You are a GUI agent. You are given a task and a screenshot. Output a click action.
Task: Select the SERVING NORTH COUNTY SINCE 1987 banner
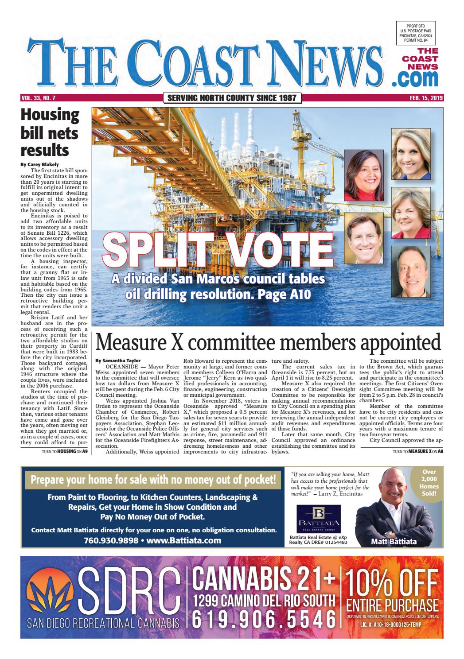click(x=232, y=98)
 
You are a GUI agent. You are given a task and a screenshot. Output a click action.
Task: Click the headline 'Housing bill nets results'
click(x=50, y=132)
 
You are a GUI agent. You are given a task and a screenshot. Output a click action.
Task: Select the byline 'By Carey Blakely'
click(x=40, y=164)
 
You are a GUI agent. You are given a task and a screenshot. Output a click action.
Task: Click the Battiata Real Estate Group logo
click(x=320, y=519)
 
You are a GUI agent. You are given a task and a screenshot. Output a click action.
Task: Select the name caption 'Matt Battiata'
click(x=394, y=541)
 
